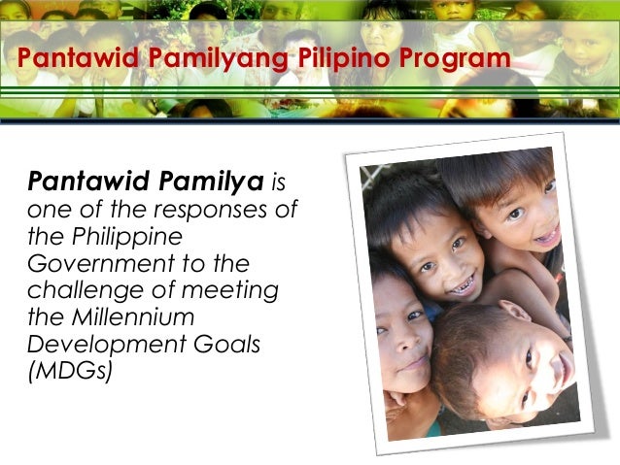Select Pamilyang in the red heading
point(214,60)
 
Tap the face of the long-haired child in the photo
point(403,335)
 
